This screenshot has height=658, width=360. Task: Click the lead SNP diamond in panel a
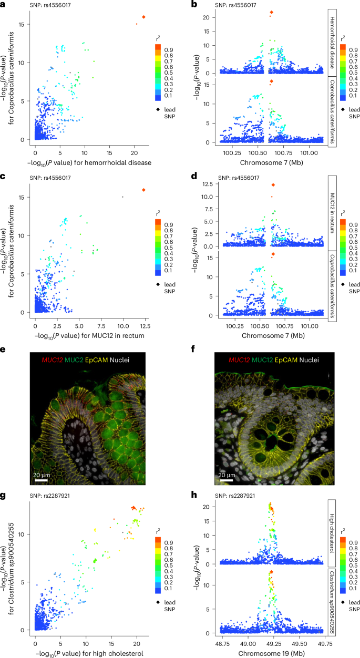point(143,17)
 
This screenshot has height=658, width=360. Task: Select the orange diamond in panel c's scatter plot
point(143,190)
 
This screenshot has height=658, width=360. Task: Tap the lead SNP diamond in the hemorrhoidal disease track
point(271,12)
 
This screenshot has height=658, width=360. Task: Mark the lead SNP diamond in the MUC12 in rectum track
point(273,185)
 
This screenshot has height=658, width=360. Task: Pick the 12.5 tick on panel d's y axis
point(208,184)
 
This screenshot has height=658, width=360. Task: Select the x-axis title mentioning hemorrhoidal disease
point(92,162)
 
